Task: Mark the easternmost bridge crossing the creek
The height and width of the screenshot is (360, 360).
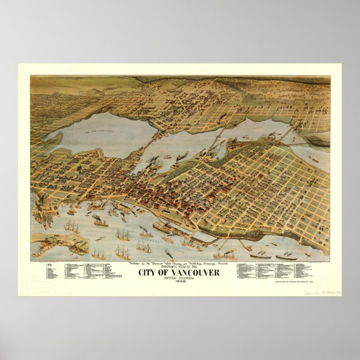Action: [289, 134]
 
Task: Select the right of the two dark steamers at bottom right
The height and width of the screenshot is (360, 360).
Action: [286, 256]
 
